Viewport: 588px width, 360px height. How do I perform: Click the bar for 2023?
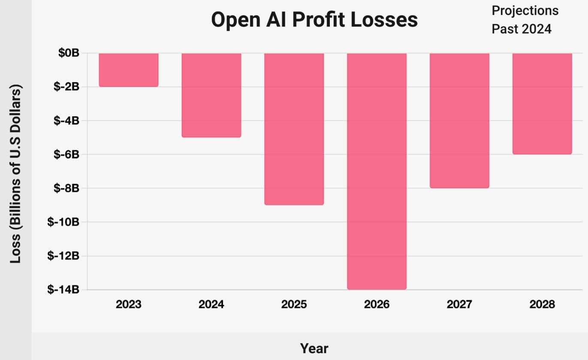click(129, 70)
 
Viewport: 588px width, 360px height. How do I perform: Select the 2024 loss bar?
click(211, 95)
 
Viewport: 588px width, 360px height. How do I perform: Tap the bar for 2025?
click(294, 129)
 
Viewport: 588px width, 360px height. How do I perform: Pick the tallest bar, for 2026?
click(377, 171)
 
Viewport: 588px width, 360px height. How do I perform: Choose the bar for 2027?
click(459, 121)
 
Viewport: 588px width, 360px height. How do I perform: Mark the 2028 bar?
click(542, 103)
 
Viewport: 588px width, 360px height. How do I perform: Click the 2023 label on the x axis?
click(129, 305)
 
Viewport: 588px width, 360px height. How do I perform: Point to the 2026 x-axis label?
click(377, 305)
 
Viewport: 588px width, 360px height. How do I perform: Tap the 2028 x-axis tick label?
click(542, 305)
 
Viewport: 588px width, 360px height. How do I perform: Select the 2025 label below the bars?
click(294, 305)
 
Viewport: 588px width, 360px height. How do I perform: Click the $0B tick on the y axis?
click(69, 53)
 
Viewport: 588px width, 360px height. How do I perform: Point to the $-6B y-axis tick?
click(66, 154)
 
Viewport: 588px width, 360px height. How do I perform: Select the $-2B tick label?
click(66, 87)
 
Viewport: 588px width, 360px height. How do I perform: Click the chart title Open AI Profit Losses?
click(314, 20)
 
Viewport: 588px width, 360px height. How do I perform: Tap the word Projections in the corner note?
click(525, 11)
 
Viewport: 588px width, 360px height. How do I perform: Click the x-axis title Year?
click(314, 348)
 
